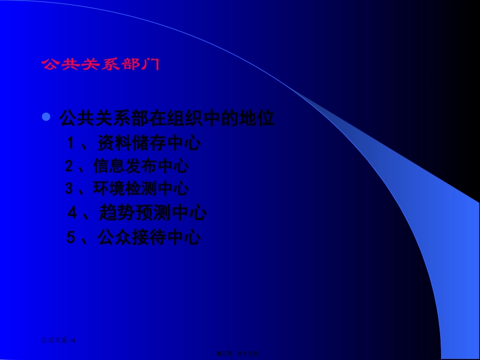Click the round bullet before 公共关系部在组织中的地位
46,117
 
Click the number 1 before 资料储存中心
71,143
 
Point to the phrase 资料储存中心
149,143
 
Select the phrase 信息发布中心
141,166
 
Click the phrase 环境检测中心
141,188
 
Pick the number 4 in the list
72,213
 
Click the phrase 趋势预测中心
153,213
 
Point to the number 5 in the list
71,237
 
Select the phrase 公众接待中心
150,237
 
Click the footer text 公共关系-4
58,340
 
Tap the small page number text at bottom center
241,354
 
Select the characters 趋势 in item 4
117,213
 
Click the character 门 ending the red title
152,64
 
